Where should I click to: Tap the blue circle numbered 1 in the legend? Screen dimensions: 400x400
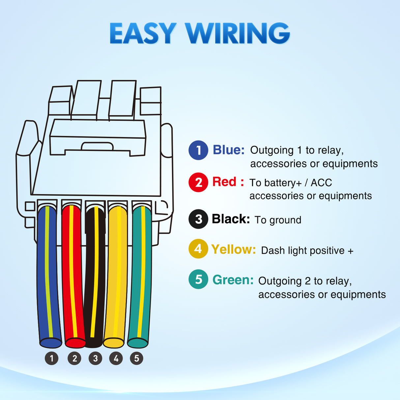(x=198, y=150)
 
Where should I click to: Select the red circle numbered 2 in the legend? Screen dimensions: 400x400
(x=198, y=182)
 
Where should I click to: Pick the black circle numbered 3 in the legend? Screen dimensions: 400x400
(x=198, y=219)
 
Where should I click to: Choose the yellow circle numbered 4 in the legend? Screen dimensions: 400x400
(x=198, y=249)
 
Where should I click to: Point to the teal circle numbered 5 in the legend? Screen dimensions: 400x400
(x=198, y=279)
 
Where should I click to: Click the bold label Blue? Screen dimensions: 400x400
(x=229, y=150)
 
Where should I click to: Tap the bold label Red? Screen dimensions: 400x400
(x=224, y=182)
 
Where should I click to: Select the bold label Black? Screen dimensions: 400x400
(x=231, y=219)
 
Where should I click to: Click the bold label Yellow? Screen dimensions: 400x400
(x=234, y=249)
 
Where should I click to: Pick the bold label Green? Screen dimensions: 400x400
(x=233, y=280)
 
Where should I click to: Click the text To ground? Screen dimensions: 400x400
(x=278, y=220)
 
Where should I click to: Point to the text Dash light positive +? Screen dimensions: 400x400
(x=307, y=250)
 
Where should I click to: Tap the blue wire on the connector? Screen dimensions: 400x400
(x=49, y=277)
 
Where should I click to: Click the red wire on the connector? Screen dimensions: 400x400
(x=72, y=277)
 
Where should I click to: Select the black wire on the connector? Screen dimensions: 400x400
(x=95, y=277)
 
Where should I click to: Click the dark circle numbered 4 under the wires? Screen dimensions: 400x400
(x=116, y=358)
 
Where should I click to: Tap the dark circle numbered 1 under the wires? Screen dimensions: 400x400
(x=51, y=358)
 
